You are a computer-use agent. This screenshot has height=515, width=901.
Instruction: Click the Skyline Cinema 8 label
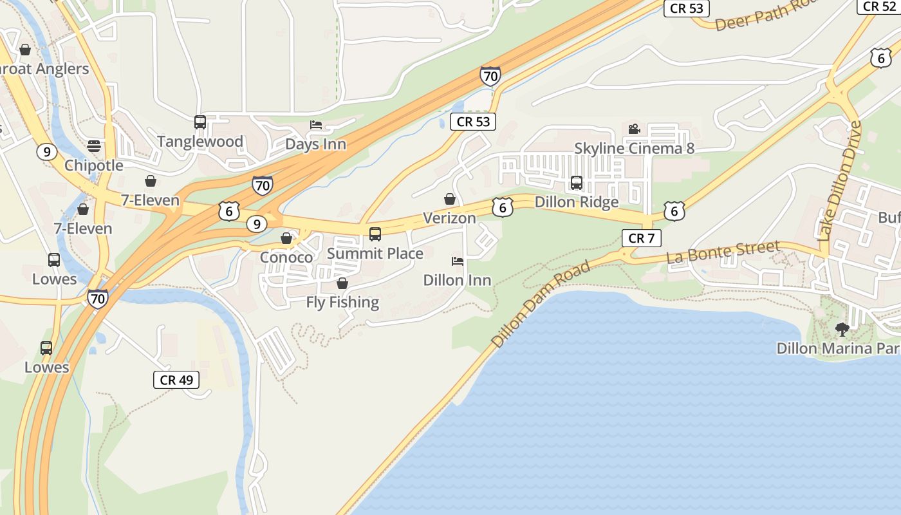click(634, 149)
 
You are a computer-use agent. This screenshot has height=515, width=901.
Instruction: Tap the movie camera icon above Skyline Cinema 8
click(634, 129)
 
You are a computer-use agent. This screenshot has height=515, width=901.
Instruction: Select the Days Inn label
click(315, 144)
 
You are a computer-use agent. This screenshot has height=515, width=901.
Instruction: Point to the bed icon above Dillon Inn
click(458, 261)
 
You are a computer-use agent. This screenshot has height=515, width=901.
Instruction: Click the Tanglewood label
click(200, 142)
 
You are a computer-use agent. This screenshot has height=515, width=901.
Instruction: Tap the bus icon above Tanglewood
click(200, 122)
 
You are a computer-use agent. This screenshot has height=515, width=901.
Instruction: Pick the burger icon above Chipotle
click(94, 145)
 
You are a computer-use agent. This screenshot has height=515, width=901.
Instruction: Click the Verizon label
click(449, 218)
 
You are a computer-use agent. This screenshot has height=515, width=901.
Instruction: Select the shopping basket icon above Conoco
click(286, 239)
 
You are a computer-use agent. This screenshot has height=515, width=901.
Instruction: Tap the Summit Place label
click(375, 254)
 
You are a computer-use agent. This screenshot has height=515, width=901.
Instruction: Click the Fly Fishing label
click(342, 302)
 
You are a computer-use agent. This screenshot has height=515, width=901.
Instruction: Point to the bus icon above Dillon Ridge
click(577, 182)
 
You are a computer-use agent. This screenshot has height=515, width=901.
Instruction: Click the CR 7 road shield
click(641, 238)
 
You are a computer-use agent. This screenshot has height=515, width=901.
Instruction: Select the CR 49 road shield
click(176, 380)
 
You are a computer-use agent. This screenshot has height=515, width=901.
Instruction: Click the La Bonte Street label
click(723, 252)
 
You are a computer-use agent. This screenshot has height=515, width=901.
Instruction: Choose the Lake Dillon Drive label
click(839, 181)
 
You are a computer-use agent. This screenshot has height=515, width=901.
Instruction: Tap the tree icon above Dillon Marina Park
click(842, 330)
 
